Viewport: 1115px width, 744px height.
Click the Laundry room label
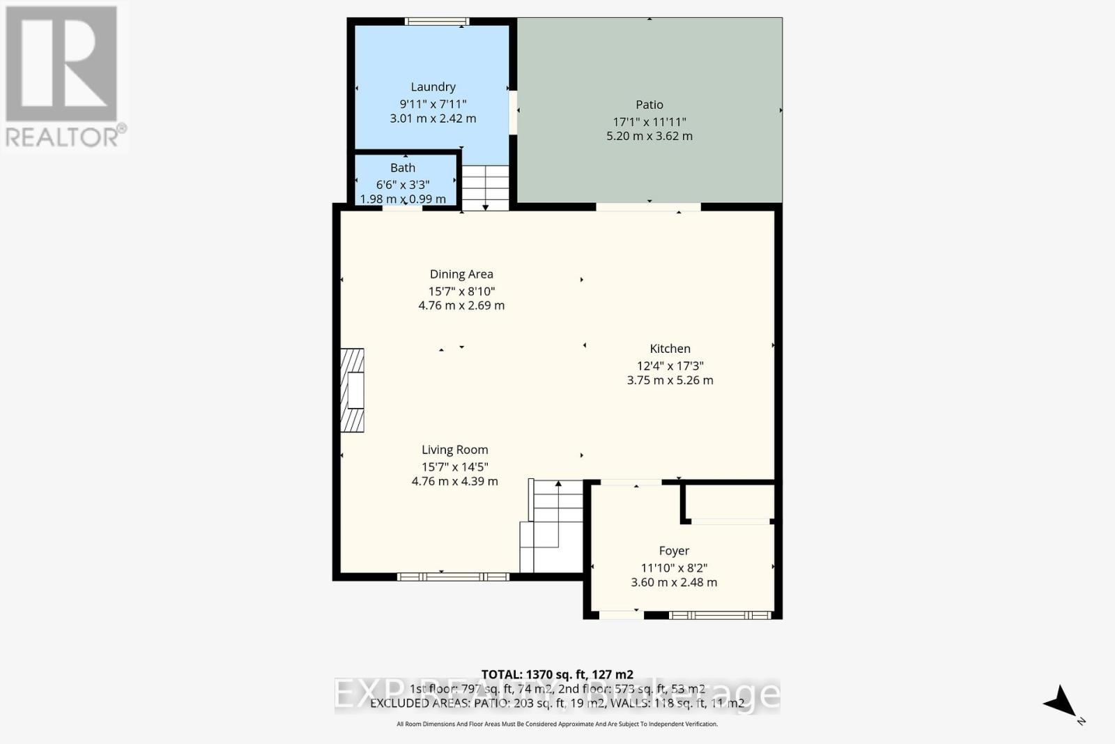433,87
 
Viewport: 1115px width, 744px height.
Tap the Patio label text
649,105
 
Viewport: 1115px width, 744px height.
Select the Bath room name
403,168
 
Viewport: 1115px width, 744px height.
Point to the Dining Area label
461,275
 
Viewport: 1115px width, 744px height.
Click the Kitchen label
670,349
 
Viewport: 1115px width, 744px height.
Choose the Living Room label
454,450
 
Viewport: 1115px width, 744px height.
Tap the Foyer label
674,551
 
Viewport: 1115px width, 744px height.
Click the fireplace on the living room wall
353,390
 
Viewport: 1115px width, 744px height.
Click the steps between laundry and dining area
486,187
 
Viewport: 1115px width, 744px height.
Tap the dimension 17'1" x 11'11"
649,122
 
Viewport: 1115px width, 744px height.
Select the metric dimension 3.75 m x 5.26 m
670,381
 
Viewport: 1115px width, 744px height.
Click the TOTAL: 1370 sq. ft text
557,674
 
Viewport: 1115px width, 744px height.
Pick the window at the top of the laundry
437,22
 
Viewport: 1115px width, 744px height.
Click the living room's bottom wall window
453,577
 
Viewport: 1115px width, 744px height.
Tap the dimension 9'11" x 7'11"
433,104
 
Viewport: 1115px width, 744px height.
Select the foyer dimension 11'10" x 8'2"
674,568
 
